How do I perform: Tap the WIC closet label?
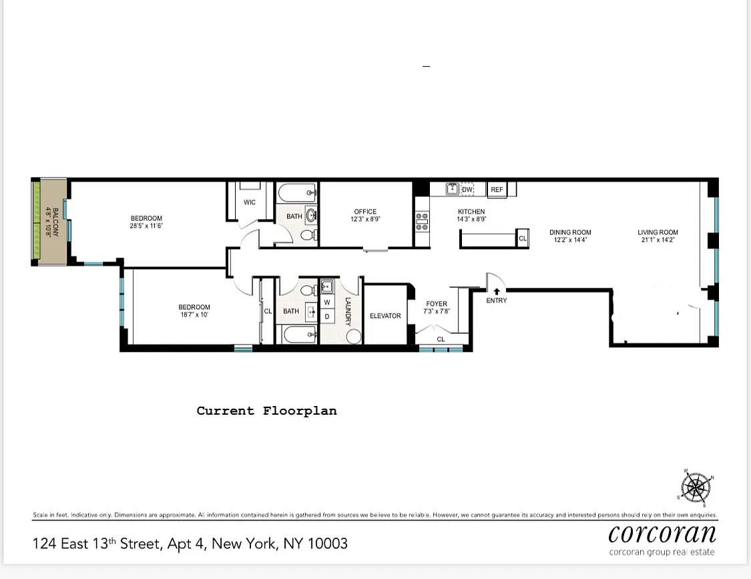pyautogui.click(x=250, y=202)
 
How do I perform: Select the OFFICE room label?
pyautogui.click(x=365, y=212)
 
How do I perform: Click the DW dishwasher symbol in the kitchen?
pyautogui.click(x=467, y=190)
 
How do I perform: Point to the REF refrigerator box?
pyautogui.click(x=497, y=190)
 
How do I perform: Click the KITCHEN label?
pyautogui.click(x=471, y=212)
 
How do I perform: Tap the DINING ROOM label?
pyautogui.click(x=570, y=232)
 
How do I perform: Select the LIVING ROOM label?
pyautogui.click(x=658, y=232)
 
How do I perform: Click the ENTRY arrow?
pyautogui.click(x=497, y=291)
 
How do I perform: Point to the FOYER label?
pyautogui.click(x=437, y=305)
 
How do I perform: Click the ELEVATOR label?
pyautogui.click(x=385, y=316)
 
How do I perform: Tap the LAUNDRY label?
pyautogui.click(x=348, y=312)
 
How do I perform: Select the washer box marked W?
pyautogui.click(x=327, y=303)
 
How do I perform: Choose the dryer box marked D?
pyautogui.click(x=327, y=317)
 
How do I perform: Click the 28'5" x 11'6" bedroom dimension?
pyautogui.click(x=146, y=226)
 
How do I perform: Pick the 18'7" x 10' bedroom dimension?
pyautogui.click(x=194, y=315)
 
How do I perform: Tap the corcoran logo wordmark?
pyautogui.click(x=662, y=534)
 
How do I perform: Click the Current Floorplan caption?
pyautogui.click(x=266, y=411)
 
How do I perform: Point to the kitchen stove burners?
pyautogui.click(x=422, y=221)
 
